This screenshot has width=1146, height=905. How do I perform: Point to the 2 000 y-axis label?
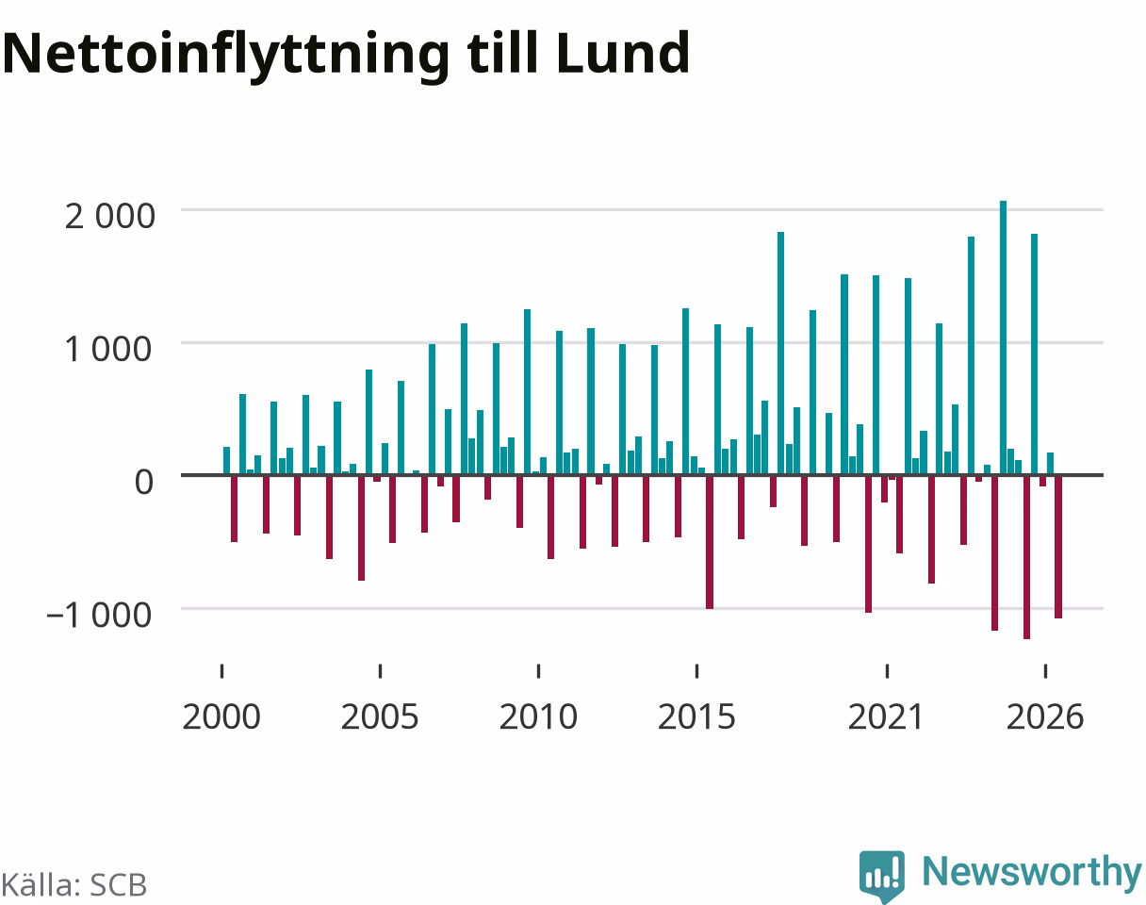click(x=109, y=217)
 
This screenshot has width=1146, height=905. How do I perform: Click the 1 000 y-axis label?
click(x=108, y=350)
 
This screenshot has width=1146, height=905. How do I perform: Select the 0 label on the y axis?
click(x=144, y=482)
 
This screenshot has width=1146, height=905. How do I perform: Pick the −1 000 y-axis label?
click(x=99, y=616)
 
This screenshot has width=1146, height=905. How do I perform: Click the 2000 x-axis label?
click(x=221, y=717)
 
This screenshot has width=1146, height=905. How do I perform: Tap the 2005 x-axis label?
click(x=380, y=717)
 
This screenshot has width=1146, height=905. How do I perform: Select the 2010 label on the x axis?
click(x=538, y=717)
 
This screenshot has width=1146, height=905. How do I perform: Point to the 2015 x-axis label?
click(x=696, y=717)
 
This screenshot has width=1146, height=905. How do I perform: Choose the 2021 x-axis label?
click(x=886, y=717)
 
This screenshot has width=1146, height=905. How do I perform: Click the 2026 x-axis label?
click(x=1045, y=717)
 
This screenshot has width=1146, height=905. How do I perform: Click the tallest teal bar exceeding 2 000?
click(x=1004, y=337)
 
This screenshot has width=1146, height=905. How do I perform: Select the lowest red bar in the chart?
click(x=1026, y=556)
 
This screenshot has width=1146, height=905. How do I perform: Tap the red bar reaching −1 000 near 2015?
click(x=710, y=542)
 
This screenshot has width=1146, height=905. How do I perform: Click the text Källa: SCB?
click(x=74, y=885)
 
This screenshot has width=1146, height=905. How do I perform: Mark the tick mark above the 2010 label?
click(x=538, y=671)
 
